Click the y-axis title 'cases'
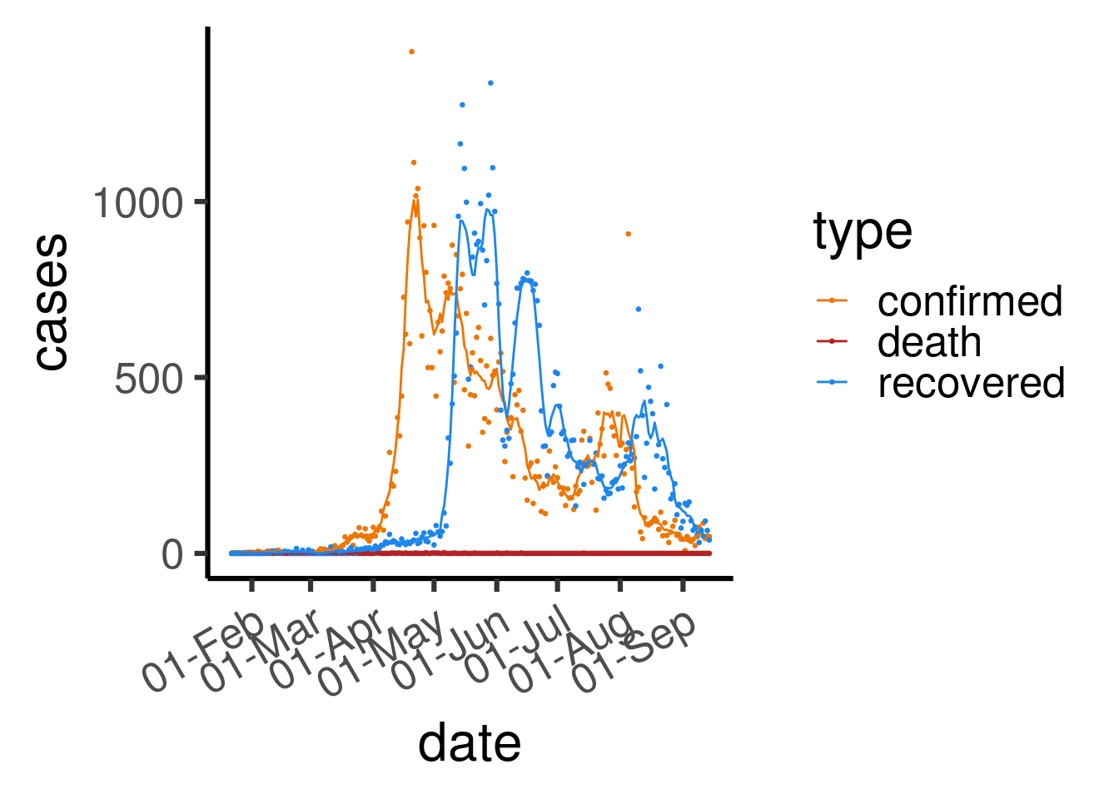52,302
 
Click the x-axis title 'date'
469,743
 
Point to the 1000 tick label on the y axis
137,203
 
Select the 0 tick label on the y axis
172,555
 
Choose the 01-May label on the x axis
383,653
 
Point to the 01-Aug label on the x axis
571,651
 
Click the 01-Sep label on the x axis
634,653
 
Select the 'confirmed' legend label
970,301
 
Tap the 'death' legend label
929,342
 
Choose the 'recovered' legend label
971,383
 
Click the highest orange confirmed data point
411,52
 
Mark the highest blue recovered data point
490,82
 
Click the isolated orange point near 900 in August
628,234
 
